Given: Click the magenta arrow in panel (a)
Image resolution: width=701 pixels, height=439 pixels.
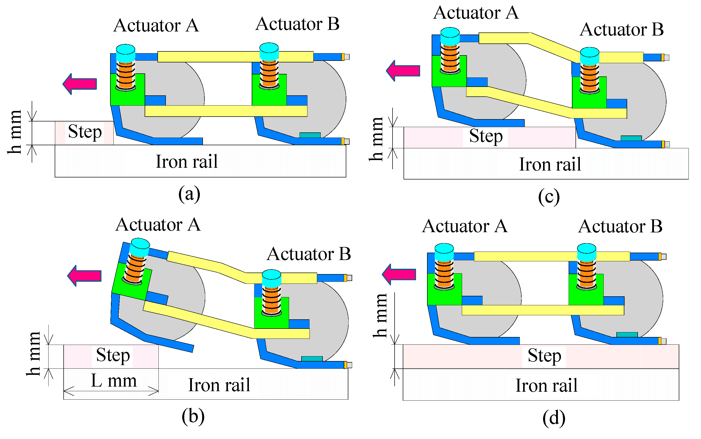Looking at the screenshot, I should (x=80, y=84).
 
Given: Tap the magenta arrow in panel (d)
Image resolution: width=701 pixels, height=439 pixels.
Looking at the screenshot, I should (x=399, y=274).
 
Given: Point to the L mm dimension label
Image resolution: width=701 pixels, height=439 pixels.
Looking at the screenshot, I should (x=113, y=381).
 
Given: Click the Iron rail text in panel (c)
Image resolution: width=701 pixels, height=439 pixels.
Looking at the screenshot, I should (x=550, y=164).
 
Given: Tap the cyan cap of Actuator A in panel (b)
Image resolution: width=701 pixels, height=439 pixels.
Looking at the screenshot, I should (x=140, y=247).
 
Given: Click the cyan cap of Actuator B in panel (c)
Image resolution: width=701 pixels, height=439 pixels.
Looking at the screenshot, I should (x=590, y=56).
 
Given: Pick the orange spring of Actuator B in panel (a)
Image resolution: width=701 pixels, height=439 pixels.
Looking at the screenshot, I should (x=269, y=73).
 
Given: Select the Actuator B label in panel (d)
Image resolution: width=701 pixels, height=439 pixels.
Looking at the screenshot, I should (x=620, y=226).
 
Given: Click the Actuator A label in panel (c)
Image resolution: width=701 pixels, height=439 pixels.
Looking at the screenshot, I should (x=476, y=13).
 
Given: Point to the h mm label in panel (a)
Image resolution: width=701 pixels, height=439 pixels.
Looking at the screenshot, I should (x=15, y=132).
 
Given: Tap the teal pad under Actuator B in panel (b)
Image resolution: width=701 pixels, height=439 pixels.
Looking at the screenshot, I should (x=312, y=358).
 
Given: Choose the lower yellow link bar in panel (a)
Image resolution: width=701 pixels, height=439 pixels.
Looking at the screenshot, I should (x=226, y=111).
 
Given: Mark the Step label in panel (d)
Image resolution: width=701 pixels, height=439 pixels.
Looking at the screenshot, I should (x=544, y=356).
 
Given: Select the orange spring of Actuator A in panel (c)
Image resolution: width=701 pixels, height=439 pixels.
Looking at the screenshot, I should (x=450, y=58).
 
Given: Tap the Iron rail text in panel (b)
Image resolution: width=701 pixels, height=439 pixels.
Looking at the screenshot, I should (x=219, y=385).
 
